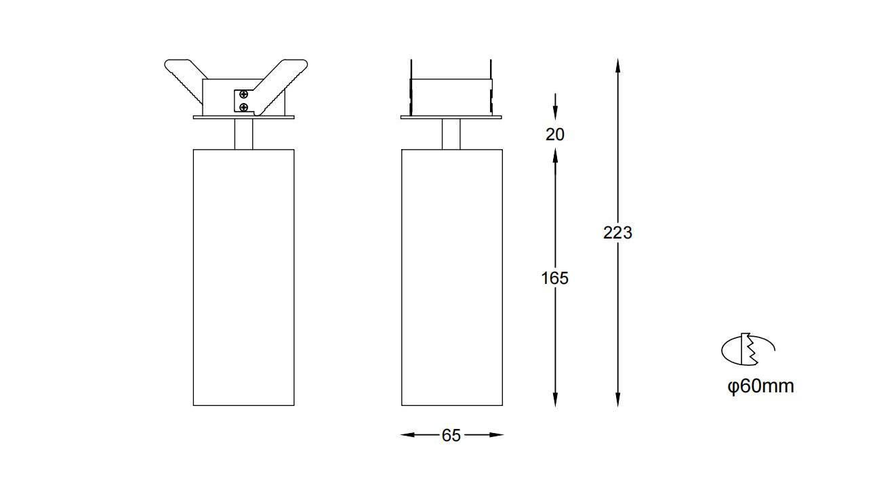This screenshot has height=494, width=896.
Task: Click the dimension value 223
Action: tap(617, 233)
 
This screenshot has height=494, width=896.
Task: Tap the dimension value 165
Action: tap(555, 278)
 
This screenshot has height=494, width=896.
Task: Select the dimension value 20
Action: tap(555, 134)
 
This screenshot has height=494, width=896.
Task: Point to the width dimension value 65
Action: tap(451, 435)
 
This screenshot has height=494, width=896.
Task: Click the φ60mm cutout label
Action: tap(760, 386)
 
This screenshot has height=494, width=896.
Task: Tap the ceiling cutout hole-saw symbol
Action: tap(748, 349)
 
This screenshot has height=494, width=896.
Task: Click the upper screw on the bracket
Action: tap(243, 94)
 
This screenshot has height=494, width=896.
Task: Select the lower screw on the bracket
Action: tap(243, 107)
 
